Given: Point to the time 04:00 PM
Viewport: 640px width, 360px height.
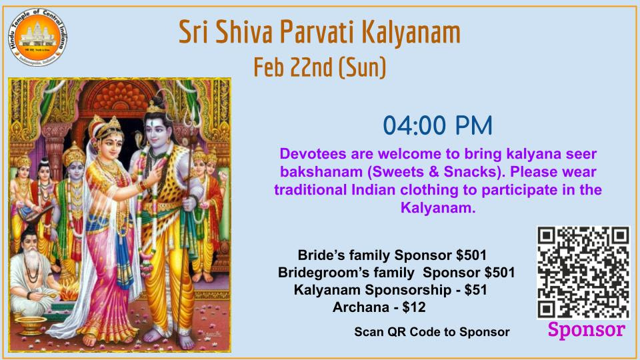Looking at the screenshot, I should coord(437,125).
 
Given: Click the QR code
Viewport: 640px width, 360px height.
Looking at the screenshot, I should coord(583,272).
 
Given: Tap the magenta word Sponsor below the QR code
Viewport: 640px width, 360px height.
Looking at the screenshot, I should coord(586,329).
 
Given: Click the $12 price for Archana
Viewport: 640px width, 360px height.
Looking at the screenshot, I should coord(414,307).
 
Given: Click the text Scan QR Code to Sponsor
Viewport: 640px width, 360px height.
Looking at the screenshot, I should coord(431,331).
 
